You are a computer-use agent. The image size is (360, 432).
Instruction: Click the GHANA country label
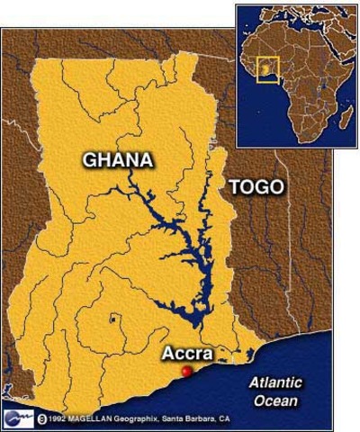pyautogui.click(x=117, y=160)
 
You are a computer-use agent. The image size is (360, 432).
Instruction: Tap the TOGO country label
pyautogui.click(x=256, y=187)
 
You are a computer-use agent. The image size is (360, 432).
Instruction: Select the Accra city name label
pyautogui.click(x=186, y=354)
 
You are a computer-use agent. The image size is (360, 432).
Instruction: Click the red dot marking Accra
pyautogui.click(x=186, y=371)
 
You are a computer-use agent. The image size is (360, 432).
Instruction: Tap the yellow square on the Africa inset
pyautogui.click(x=267, y=69)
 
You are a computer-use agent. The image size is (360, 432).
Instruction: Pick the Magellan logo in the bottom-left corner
pyautogui.click(x=17, y=418)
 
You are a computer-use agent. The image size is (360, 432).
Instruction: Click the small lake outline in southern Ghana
pyautogui.click(x=112, y=319)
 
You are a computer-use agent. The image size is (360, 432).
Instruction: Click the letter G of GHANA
pyautogui.click(x=90, y=160)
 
